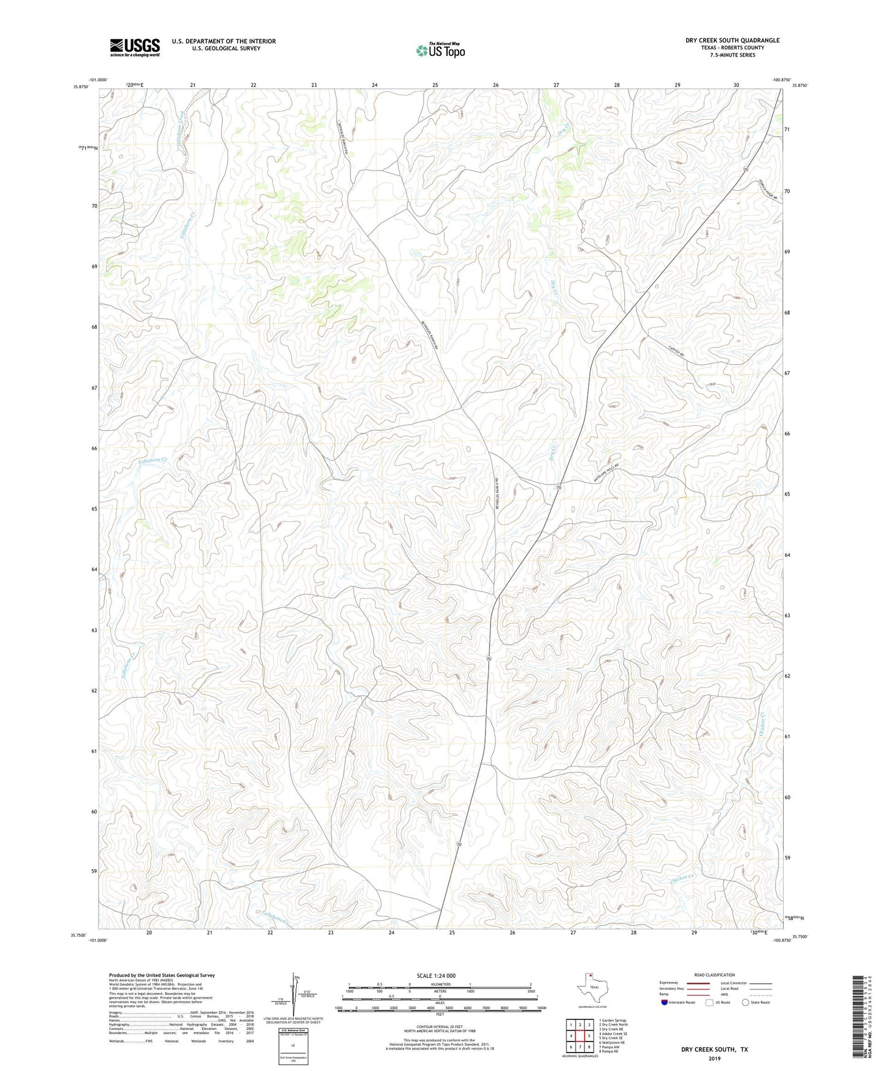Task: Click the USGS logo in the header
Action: pyautogui.click(x=134, y=47)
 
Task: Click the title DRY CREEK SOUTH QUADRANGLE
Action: pyautogui.click(x=732, y=40)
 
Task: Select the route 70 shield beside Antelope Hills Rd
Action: pyautogui.click(x=559, y=486)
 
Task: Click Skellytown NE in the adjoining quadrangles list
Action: pyautogui.click(x=613, y=1042)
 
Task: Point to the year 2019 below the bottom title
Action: pyautogui.click(x=714, y=1058)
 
